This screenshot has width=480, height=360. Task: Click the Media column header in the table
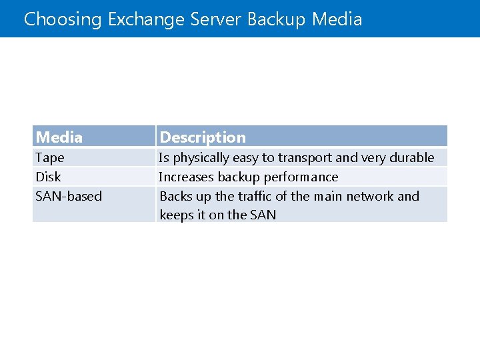coord(59,137)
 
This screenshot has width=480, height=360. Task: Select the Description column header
coord(203,137)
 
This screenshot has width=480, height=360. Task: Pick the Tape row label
coord(50,158)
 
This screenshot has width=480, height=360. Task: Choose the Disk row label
coord(48,177)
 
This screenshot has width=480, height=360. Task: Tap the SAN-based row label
coord(69,196)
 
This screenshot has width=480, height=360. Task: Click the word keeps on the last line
coord(175,215)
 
